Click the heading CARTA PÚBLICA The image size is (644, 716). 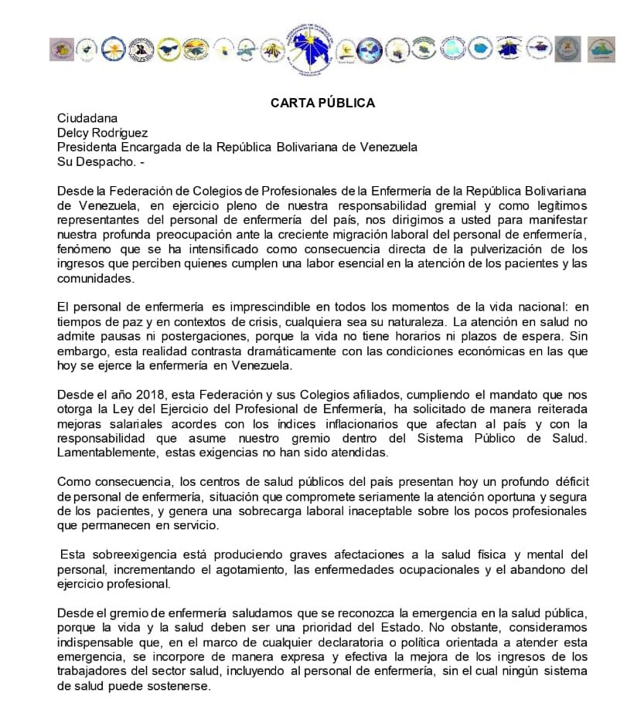(x=322, y=103)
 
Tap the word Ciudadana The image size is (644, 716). (x=87, y=118)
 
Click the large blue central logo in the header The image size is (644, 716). (x=308, y=49)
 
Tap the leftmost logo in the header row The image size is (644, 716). (x=61, y=49)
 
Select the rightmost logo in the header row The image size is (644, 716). (x=601, y=49)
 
